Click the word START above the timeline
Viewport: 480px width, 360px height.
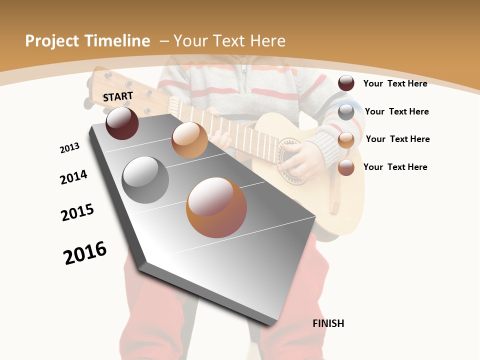pyautogui.click(x=118, y=96)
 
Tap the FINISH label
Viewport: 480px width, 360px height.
pyautogui.click(x=328, y=323)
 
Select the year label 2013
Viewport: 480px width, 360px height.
pyautogui.click(x=69, y=148)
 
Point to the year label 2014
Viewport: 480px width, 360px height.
pyautogui.click(x=73, y=177)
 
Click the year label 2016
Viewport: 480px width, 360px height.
pyautogui.click(x=85, y=253)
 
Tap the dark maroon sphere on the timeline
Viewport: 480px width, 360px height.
pyautogui.click(x=122, y=123)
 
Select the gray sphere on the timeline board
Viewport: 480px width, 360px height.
pyautogui.click(x=145, y=180)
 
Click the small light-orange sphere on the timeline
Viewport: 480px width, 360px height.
pyautogui.click(x=189, y=140)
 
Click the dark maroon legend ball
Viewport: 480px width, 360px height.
pyautogui.click(x=346, y=83)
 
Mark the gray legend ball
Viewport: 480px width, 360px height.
pyautogui.click(x=346, y=112)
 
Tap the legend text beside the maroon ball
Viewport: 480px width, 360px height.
pyautogui.click(x=395, y=83)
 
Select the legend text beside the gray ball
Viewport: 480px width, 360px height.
pyautogui.click(x=396, y=111)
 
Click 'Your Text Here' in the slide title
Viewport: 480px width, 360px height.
pyautogui.click(x=229, y=41)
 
